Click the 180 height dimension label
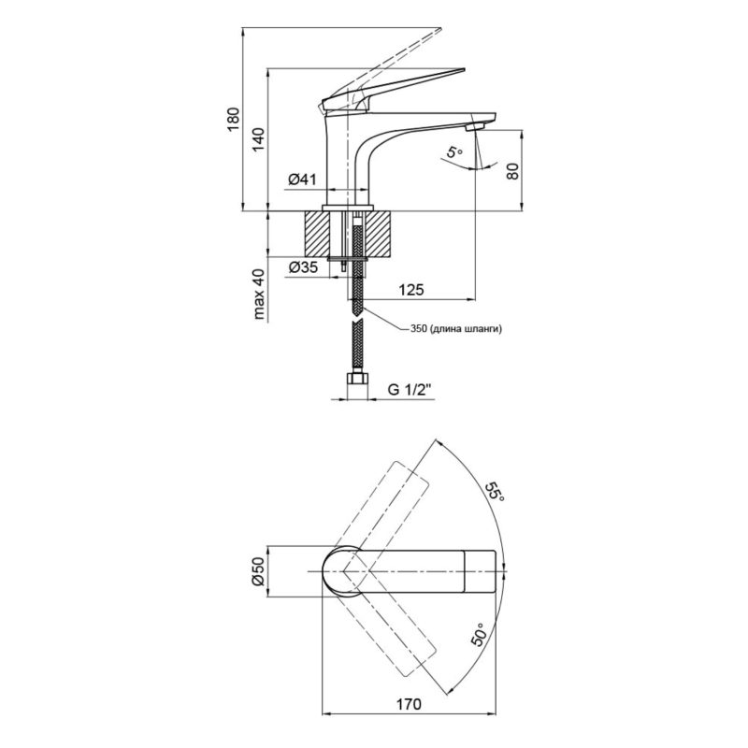[232, 120]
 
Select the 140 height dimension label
[258, 139]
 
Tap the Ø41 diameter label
[302, 180]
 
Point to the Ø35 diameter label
[303, 267]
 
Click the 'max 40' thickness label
[259, 293]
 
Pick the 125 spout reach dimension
[410, 290]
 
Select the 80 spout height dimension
[512, 171]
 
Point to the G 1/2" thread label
[409, 390]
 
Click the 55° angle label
[495, 492]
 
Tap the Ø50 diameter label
[258, 570]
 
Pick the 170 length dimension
[409, 704]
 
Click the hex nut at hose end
[358, 380]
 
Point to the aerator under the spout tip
[475, 126]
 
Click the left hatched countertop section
[317, 234]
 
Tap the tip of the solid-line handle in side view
[464, 69]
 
